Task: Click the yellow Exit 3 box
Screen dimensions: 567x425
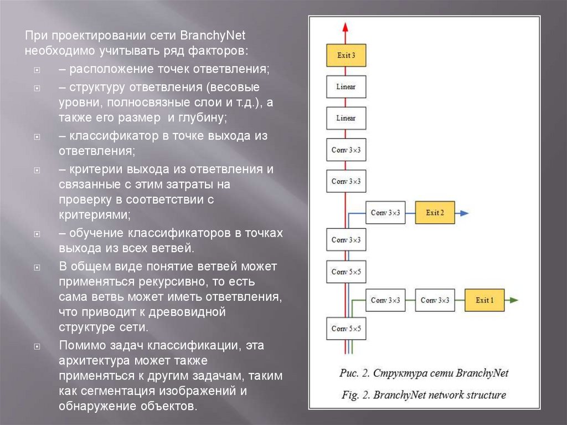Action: pyautogui.click(x=346, y=55)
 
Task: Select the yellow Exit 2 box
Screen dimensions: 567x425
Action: pyautogui.click(x=435, y=213)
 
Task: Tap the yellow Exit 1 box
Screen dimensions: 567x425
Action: pyautogui.click(x=484, y=300)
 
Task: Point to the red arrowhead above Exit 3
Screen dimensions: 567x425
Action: pyautogui.click(x=346, y=27)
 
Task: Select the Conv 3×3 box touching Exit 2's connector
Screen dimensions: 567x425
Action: pyautogui.click(x=385, y=213)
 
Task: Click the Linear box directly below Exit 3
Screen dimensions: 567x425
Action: pyautogui.click(x=346, y=87)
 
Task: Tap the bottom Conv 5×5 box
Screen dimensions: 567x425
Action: pyautogui.click(x=346, y=329)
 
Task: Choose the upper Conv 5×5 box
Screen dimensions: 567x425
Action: pyautogui.click(x=346, y=272)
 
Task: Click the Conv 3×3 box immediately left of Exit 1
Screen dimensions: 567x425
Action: pyautogui.click(x=435, y=300)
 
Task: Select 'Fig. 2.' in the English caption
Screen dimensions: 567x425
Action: pyautogui.click(x=355, y=395)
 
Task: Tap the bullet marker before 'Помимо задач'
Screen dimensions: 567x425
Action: pyautogui.click(x=37, y=346)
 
